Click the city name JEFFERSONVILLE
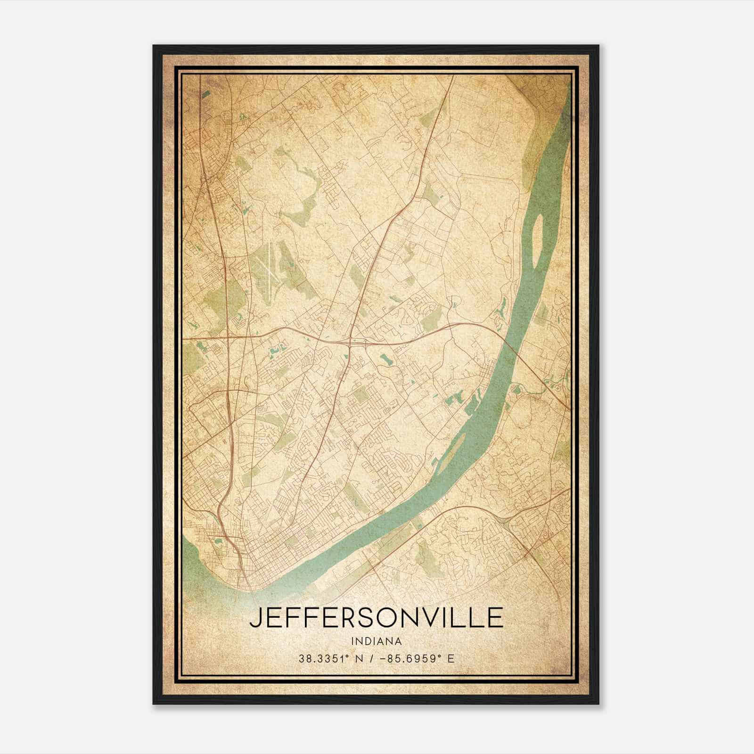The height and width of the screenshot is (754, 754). [376, 618]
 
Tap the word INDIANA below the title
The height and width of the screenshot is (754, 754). [376, 641]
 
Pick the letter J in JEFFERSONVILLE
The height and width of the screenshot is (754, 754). [256, 618]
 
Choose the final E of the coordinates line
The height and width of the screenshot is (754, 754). [451, 658]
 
